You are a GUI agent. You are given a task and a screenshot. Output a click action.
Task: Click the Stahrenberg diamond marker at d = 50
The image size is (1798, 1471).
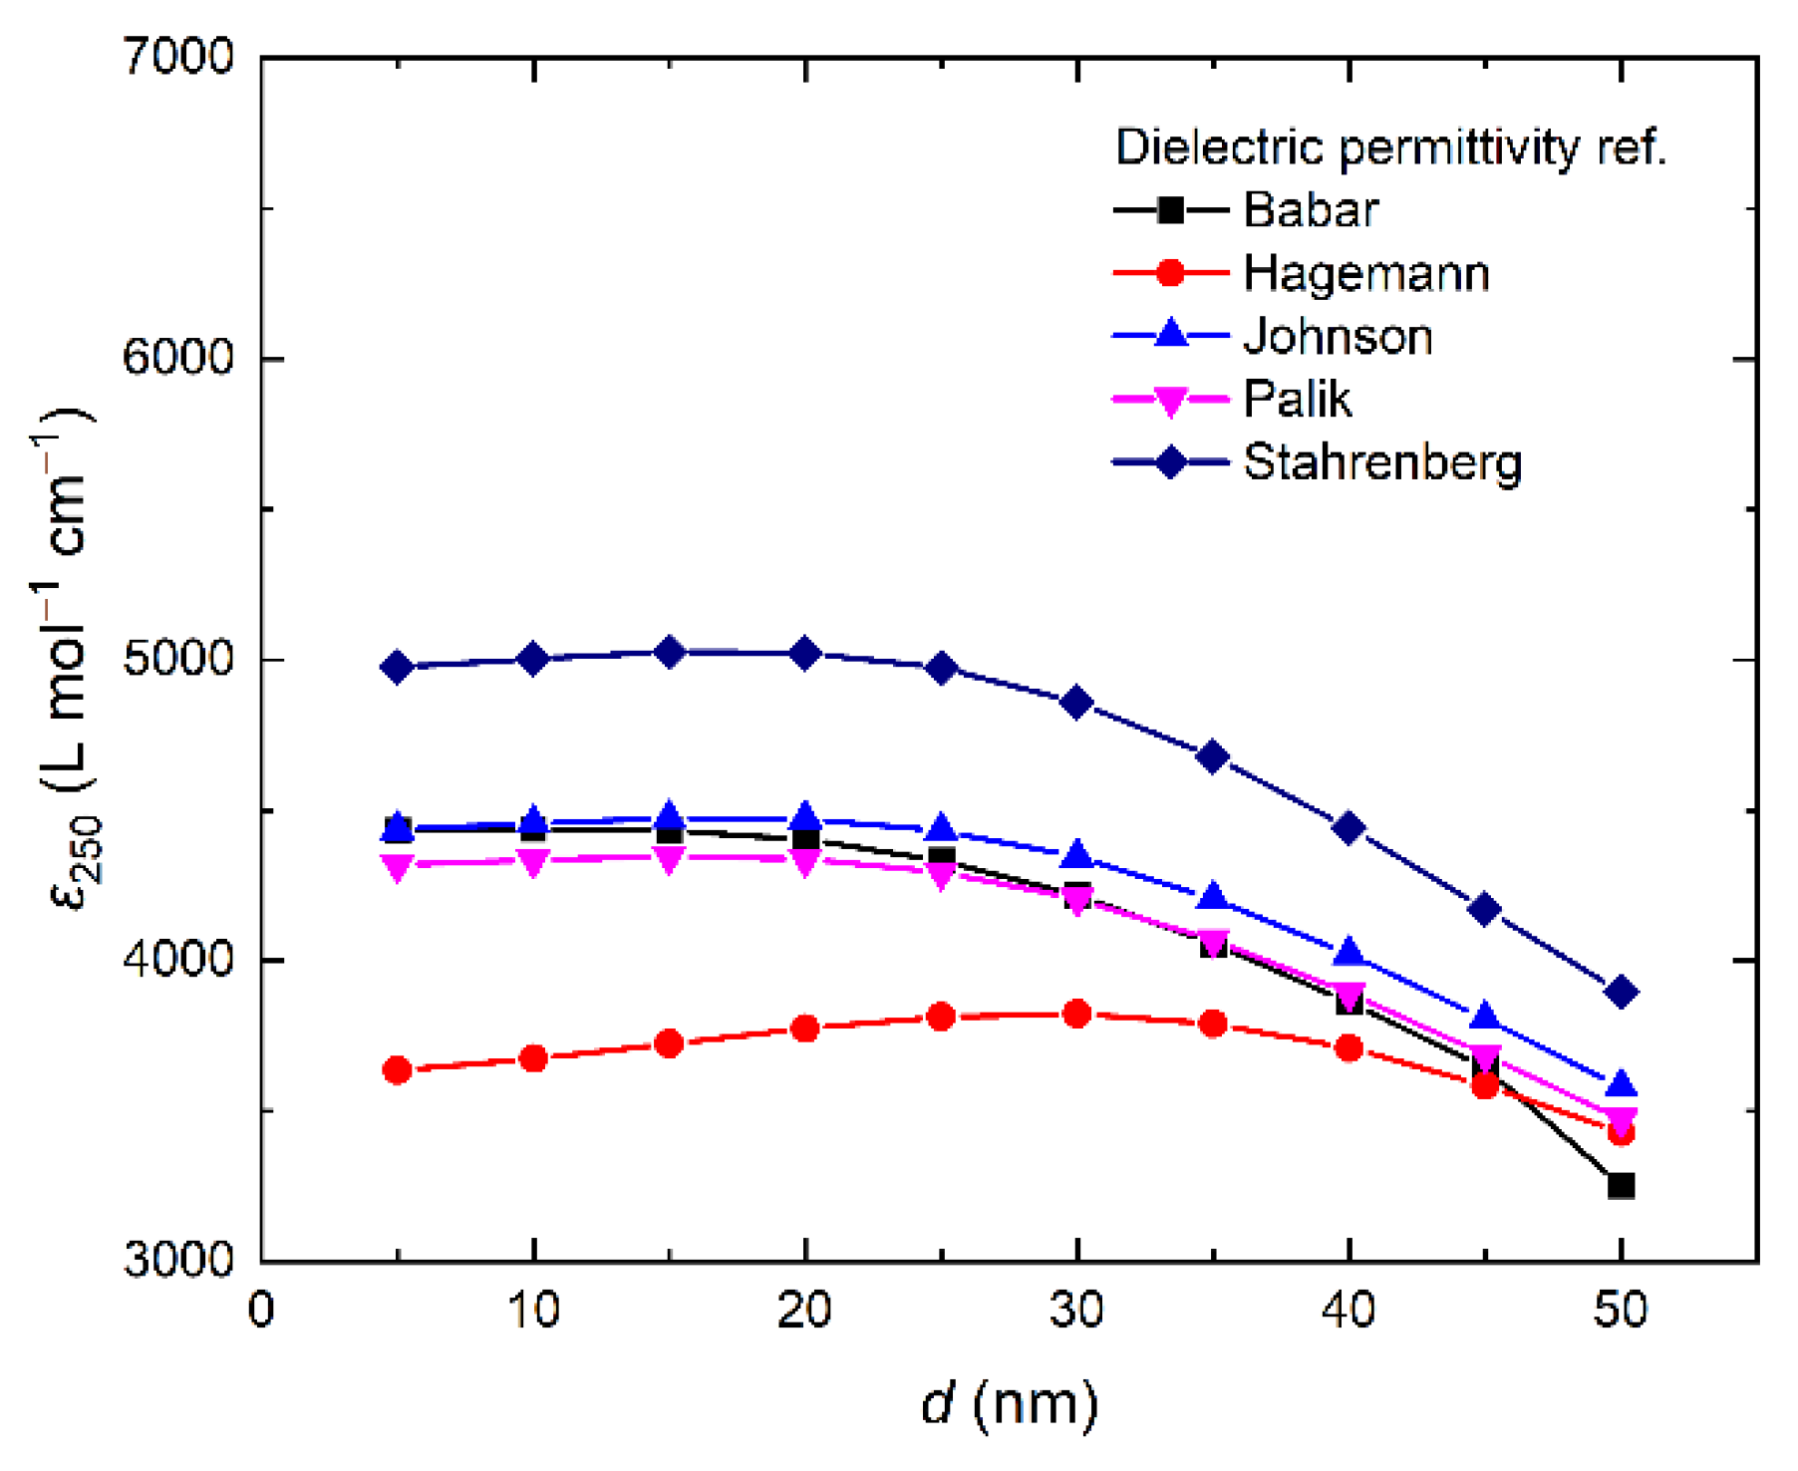click(1621, 992)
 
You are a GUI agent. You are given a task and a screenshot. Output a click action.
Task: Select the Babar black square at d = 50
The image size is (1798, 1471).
click(1621, 1185)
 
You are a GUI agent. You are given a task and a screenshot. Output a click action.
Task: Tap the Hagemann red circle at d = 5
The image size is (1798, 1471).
click(398, 1070)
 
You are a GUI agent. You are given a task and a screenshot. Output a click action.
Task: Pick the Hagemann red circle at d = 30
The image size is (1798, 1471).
click(1076, 1014)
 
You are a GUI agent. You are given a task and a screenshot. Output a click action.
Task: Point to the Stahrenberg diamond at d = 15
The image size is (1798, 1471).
click(670, 652)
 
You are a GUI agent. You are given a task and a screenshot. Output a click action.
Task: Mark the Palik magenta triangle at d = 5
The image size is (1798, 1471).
click(398, 867)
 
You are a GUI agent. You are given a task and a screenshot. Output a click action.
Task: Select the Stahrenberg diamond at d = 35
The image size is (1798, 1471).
click(1213, 756)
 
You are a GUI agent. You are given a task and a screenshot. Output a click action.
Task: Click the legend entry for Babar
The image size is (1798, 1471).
click(1310, 209)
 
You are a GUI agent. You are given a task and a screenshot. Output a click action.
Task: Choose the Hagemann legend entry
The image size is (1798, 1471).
click(1365, 273)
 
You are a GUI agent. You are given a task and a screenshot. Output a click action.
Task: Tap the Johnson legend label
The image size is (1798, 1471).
click(1338, 337)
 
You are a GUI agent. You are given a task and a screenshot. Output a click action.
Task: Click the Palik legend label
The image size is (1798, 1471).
click(1297, 400)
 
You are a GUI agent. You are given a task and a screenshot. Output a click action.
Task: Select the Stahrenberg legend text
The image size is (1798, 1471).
click(1382, 462)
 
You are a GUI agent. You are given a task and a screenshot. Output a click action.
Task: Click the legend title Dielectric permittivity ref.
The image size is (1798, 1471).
click(1390, 147)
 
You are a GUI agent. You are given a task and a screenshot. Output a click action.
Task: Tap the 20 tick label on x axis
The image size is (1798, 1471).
click(804, 1310)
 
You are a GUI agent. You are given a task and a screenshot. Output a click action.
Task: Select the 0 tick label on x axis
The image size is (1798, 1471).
click(261, 1310)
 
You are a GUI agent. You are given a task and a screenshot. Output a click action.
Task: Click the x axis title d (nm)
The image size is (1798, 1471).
click(1009, 1404)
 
